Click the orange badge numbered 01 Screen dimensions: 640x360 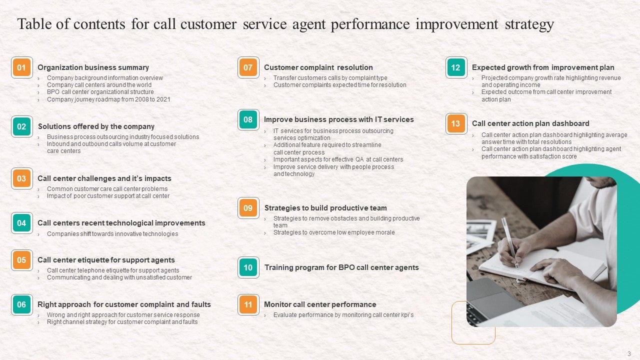coord(21,67)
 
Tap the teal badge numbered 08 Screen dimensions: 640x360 coord(248,119)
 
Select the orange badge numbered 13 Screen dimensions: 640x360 coord(456,123)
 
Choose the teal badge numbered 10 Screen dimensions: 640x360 coord(248,267)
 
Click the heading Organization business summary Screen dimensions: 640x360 coord(93,67)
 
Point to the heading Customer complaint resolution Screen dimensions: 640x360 coord(318,67)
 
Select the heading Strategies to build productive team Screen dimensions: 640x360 coord(325,208)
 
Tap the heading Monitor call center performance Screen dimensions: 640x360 coord(320,304)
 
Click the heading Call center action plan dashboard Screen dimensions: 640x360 coord(530,123)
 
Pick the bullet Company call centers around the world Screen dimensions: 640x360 coord(99,85)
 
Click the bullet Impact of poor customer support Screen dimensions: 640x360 coord(108,196)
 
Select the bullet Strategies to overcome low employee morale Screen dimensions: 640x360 coord(334,232)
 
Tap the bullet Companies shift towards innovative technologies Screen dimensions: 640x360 coord(112,234)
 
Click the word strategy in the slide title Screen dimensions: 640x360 coord(529,24)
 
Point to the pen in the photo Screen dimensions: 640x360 coord(510,243)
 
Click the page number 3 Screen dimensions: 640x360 coord(629,353)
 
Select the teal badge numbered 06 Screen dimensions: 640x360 coord(21,305)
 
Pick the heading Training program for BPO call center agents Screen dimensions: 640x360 coord(341,267)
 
